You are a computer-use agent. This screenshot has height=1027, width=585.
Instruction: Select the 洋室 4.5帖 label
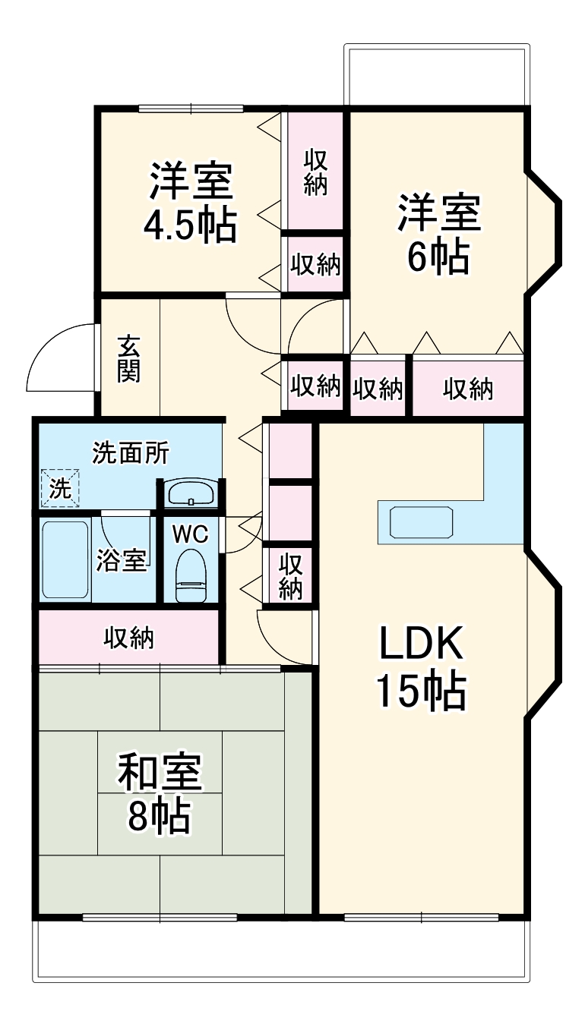(x=191, y=202)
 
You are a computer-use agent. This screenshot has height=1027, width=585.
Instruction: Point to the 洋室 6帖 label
(x=438, y=235)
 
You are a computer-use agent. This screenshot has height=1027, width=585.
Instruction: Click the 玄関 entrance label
(x=128, y=358)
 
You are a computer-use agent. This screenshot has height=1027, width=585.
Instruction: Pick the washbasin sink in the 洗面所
(x=191, y=494)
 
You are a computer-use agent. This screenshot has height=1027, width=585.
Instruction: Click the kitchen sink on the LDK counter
(x=422, y=522)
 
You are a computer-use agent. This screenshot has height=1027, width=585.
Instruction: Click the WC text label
(x=189, y=534)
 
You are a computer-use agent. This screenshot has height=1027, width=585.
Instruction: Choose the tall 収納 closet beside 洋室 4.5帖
(x=315, y=172)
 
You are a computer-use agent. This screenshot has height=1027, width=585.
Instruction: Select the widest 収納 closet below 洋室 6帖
(x=468, y=389)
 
